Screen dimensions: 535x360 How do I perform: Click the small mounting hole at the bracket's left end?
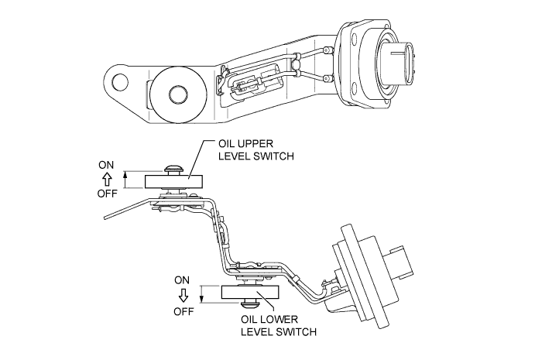[x=119, y=81]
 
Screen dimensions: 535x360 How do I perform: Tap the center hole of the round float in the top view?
[x=178, y=94]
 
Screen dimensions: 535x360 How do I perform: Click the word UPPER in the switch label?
[x=245, y=143]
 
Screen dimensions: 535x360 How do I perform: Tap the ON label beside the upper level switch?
[x=106, y=165]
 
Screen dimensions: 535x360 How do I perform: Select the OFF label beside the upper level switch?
[x=108, y=194]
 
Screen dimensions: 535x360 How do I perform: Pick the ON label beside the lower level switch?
[x=182, y=280]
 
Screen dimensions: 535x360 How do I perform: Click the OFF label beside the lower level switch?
[x=183, y=311]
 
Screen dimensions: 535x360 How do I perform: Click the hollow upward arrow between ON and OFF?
[x=107, y=179]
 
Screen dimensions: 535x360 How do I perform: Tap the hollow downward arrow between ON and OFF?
[x=183, y=295]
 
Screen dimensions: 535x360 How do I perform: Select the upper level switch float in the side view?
[x=174, y=181]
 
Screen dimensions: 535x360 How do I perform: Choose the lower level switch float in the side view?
[x=250, y=293]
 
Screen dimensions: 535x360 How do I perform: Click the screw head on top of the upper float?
[x=175, y=170]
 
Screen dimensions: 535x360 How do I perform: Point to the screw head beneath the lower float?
[x=250, y=303]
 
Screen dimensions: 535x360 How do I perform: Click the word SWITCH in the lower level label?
[x=297, y=331]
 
